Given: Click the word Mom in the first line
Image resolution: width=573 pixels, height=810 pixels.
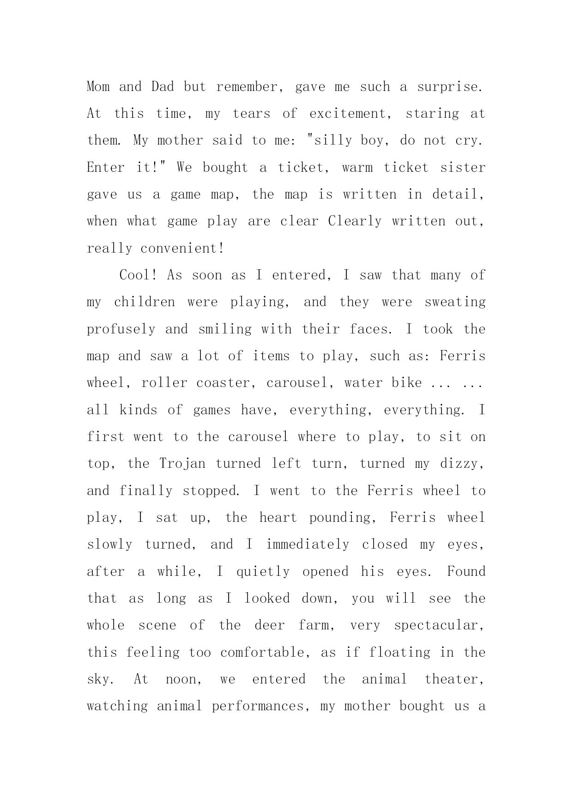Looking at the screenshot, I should tap(98, 87).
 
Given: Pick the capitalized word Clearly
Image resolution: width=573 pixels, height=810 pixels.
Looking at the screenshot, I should tap(355, 221).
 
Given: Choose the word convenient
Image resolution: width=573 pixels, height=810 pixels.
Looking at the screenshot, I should tap(181, 248).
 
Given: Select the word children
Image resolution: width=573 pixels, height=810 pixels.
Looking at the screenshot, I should tap(145, 302).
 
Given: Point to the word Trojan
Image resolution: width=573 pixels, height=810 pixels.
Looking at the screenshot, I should tap(182, 464).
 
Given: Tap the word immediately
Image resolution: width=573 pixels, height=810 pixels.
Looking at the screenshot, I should tap(308, 544).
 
